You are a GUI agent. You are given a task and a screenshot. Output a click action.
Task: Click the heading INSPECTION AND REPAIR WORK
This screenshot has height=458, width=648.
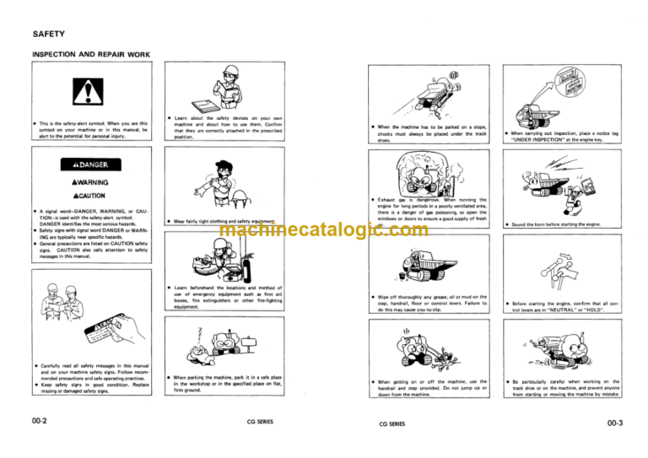point(91,55)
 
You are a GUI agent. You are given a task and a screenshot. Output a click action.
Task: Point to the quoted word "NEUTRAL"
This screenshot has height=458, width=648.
point(553,310)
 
